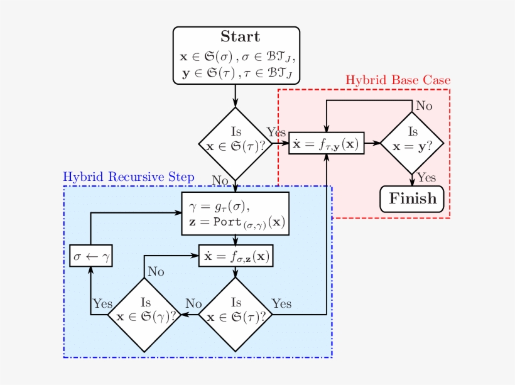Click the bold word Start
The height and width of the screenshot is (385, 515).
[239, 37]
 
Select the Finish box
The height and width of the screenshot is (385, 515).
[412, 199]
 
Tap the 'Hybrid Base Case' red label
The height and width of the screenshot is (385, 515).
[398, 80]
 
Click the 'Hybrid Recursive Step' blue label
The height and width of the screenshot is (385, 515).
[128, 177]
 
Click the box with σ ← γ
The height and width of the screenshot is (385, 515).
[91, 256]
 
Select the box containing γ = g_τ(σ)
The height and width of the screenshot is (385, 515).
[236, 214]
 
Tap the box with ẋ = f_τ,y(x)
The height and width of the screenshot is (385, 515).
[326, 144]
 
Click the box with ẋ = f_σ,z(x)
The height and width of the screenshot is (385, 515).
[236, 256]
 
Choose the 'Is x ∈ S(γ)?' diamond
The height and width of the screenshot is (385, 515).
[145, 314]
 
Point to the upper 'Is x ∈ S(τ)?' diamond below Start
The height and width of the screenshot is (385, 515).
[236, 143]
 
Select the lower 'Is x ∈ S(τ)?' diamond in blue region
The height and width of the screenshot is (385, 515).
[236, 314]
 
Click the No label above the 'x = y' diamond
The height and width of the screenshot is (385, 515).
[424, 106]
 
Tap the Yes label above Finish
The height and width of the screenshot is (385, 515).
[426, 178]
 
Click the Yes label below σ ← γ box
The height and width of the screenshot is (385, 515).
[102, 303]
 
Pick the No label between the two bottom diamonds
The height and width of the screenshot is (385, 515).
[193, 303]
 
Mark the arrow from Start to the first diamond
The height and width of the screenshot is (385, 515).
[236, 95]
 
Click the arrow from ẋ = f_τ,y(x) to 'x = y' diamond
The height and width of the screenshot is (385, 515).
[372, 143]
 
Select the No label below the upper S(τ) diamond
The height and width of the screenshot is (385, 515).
[220, 181]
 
